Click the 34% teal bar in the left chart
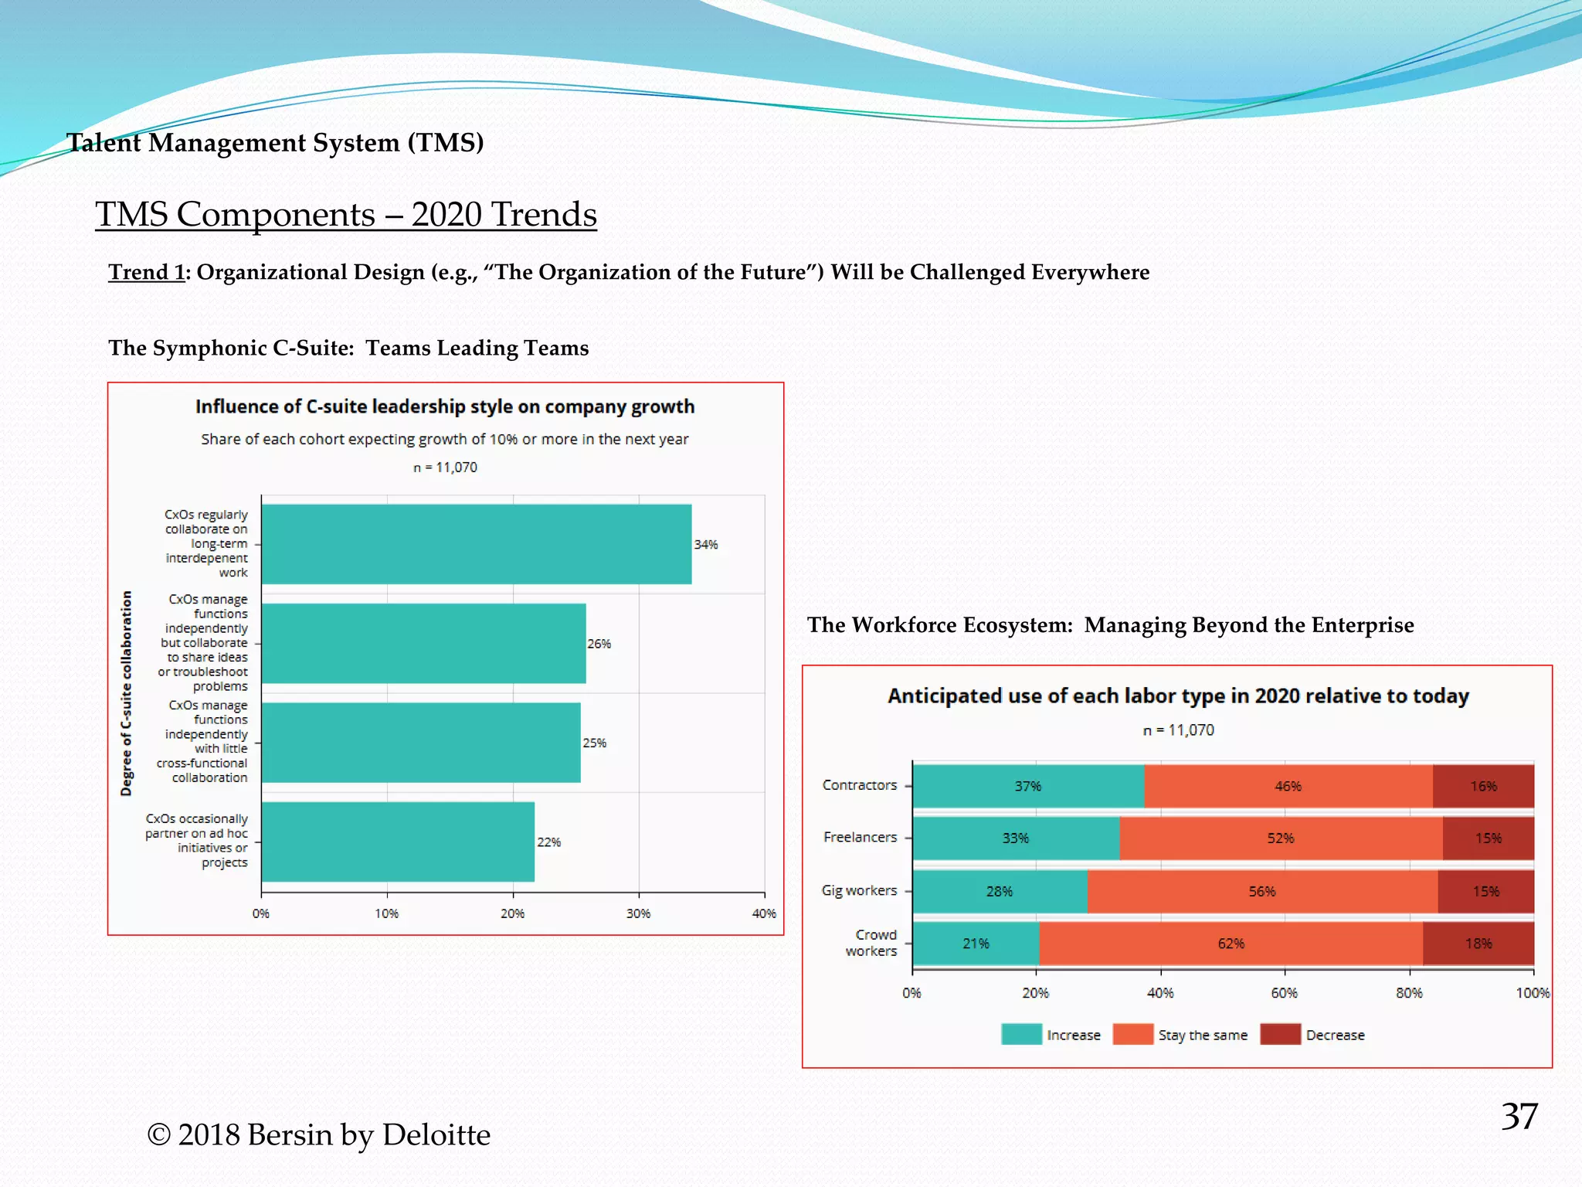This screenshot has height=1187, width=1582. pos(476,544)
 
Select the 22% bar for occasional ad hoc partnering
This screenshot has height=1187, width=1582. pos(398,842)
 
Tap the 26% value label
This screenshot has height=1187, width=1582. pos(599,644)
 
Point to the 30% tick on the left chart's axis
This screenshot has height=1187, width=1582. pos(638,913)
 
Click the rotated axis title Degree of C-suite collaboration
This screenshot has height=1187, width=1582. pos(127,693)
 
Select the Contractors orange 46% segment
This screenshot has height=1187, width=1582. pos(1288,786)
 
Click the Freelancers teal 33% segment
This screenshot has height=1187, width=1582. pos(1016,838)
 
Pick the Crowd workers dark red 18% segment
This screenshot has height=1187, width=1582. pos(1478,944)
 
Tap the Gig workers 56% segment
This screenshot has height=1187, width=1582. pos(1262,891)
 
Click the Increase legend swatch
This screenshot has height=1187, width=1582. pos(1020,1034)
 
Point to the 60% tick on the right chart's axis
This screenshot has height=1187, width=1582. pos(1284,993)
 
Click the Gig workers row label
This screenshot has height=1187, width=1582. pos(859,890)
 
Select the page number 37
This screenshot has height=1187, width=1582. pos(1519,1116)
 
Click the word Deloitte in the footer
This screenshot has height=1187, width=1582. pos(436,1134)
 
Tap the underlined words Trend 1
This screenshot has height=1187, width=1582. pos(147,272)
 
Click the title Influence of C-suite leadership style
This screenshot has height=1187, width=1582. pos(444,406)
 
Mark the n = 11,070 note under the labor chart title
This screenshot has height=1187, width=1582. pos(1178,730)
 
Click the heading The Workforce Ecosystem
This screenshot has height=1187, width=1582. pos(939,624)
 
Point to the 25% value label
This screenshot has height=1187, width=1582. pos(594,743)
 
